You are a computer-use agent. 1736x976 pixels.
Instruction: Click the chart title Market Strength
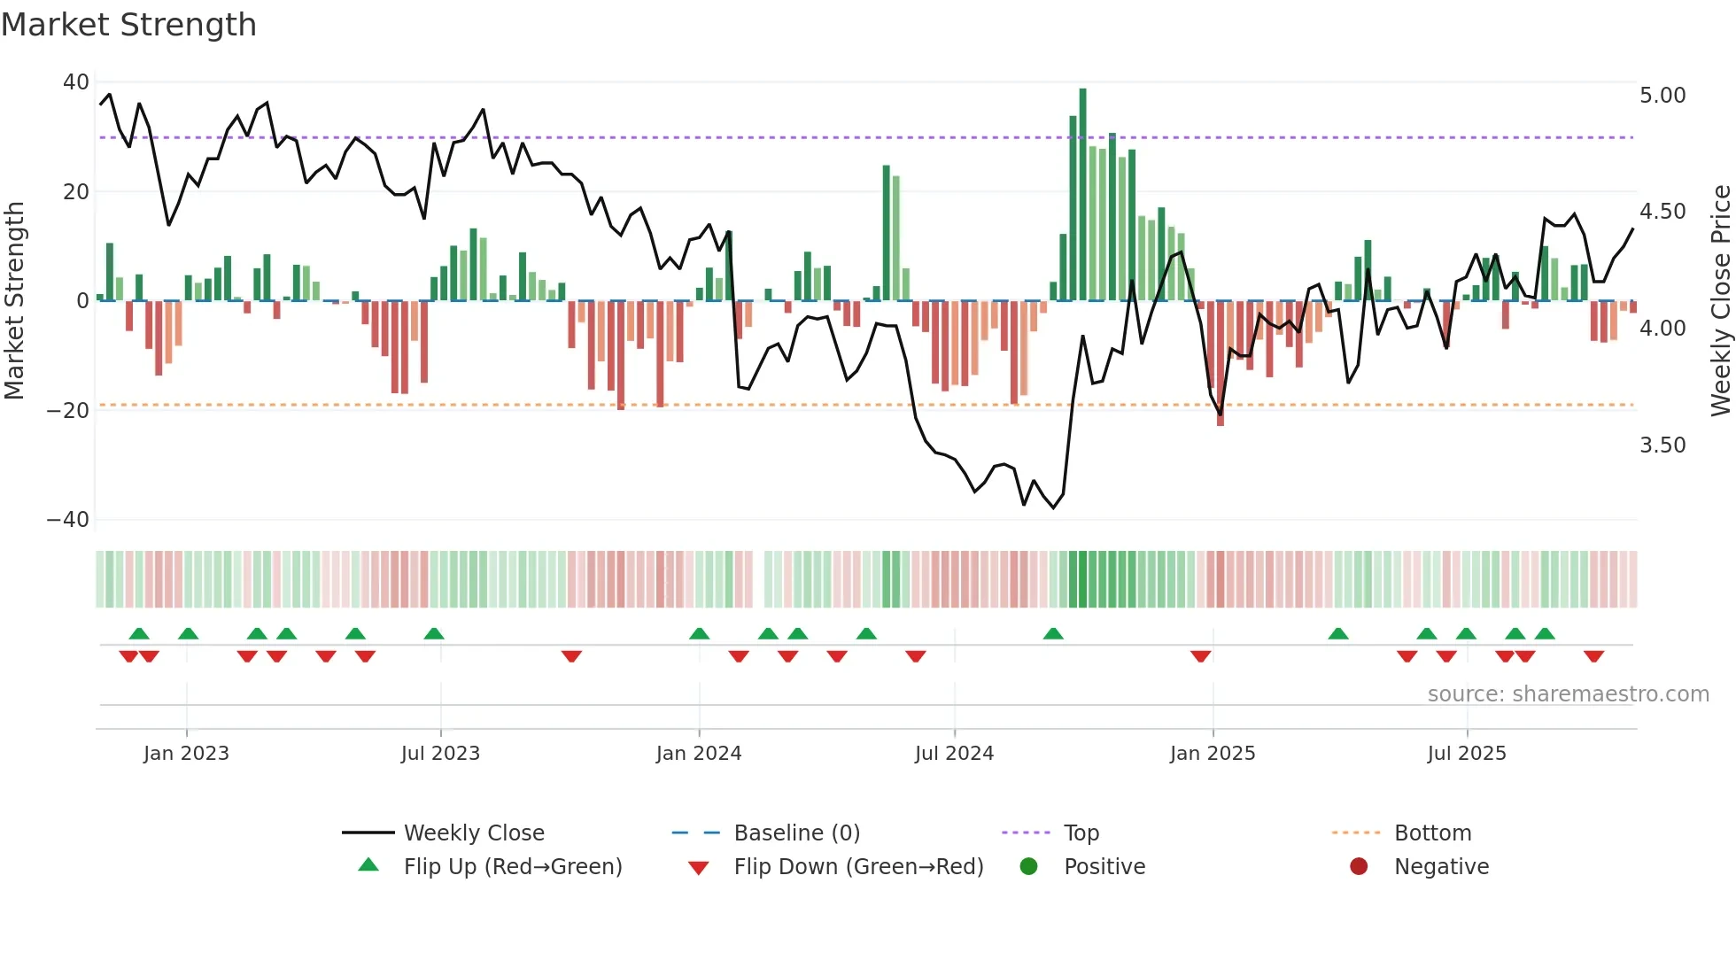tap(128, 25)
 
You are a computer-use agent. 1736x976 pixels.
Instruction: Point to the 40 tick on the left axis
tap(76, 82)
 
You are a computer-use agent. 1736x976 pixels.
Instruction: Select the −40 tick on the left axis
tap(68, 520)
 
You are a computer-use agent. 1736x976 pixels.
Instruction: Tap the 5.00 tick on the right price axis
tap(1662, 96)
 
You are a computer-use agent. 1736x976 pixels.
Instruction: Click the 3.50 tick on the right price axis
tap(1662, 445)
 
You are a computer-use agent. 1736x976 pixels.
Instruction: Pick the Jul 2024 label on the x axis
tap(954, 754)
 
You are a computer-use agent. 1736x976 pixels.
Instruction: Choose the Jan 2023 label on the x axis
tap(186, 754)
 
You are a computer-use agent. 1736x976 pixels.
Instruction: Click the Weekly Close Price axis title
tap(1720, 300)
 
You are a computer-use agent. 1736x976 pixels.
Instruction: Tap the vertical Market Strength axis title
tap(14, 300)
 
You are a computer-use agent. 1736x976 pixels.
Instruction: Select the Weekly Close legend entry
tap(473, 833)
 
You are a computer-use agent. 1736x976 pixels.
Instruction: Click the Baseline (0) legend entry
tap(796, 833)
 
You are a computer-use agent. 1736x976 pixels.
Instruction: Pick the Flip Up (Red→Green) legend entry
tap(512, 867)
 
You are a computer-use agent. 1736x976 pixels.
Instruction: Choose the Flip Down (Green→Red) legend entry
tap(857, 867)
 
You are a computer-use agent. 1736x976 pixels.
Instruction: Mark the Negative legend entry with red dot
tap(1440, 867)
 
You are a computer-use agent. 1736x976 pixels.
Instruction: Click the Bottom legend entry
tap(1431, 833)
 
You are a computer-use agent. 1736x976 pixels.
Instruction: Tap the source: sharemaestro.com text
tap(1568, 694)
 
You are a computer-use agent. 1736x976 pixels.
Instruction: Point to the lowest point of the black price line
tap(1053, 507)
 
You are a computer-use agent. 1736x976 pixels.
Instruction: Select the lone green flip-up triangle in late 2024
tap(1053, 634)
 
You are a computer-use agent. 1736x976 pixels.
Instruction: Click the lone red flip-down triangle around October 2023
tap(571, 656)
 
